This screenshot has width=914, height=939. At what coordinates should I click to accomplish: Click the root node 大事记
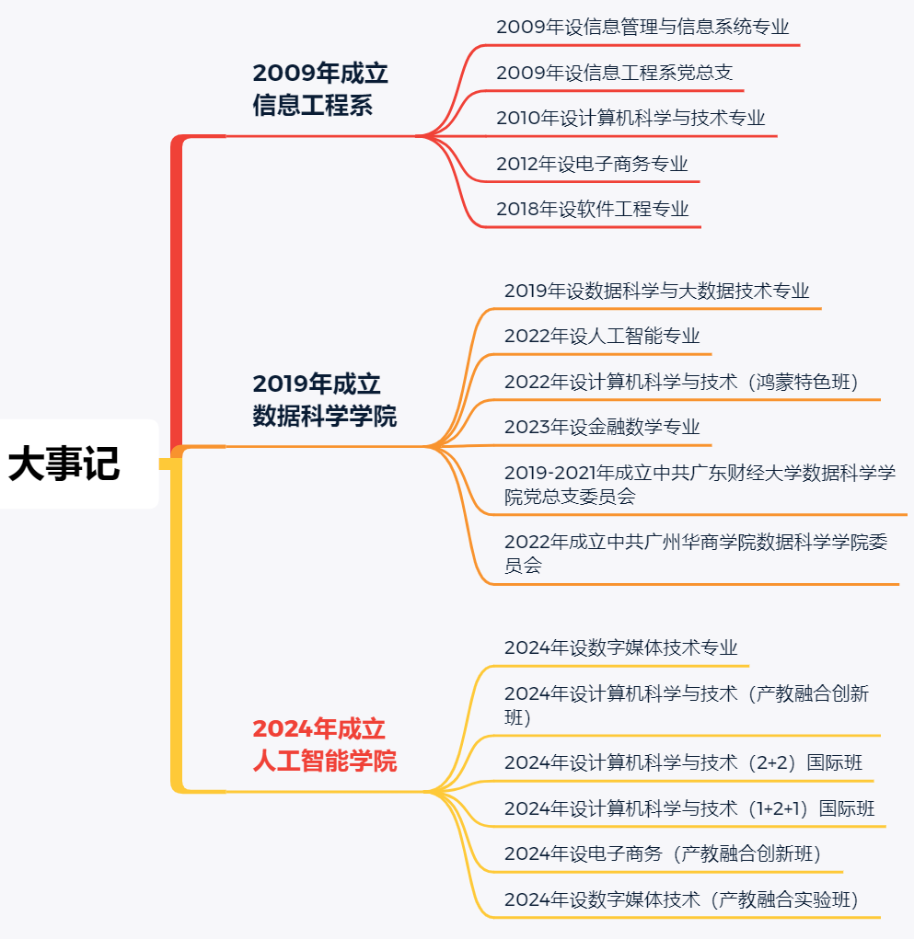click(64, 464)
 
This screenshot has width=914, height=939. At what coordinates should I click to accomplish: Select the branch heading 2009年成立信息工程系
click(320, 89)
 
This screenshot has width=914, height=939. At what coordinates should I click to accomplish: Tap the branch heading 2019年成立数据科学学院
click(325, 400)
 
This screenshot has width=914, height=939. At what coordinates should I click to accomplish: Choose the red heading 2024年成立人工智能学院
click(325, 745)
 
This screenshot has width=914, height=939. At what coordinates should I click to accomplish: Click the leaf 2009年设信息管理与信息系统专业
click(642, 27)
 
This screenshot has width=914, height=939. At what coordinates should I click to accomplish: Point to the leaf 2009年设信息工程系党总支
click(614, 73)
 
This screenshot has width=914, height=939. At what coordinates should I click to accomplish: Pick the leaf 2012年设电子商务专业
click(592, 165)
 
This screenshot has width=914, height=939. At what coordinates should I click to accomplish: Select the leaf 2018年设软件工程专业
click(592, 210)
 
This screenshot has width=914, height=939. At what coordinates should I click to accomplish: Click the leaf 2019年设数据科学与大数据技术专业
click(656, 291)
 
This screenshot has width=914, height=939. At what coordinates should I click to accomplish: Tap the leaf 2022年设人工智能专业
click(602, 337)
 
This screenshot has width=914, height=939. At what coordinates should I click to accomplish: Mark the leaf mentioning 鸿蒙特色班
click(680, 382)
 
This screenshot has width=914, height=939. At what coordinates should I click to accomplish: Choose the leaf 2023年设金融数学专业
click(602, 428)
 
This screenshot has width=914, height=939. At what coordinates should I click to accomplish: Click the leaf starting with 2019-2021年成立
click(700, 485)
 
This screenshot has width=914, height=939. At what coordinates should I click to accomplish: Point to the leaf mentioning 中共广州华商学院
click(696, 554)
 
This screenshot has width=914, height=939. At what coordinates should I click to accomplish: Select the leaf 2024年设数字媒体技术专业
click(620, 647)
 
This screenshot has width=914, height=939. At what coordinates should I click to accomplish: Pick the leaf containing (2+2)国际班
click(683, 762)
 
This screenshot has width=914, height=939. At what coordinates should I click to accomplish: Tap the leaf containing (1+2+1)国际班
click(689, 808)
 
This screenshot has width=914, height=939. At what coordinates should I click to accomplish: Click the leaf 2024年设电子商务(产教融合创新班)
click(663, 853)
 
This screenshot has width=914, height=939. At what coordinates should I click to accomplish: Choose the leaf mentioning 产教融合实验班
click(681, 899)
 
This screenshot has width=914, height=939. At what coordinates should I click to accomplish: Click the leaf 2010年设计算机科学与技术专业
click(631, 119)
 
